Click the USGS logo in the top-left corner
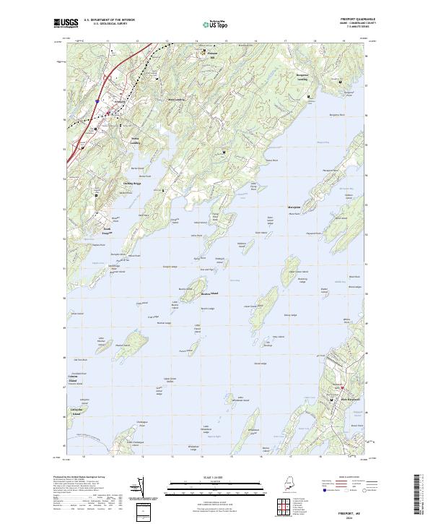64,23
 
